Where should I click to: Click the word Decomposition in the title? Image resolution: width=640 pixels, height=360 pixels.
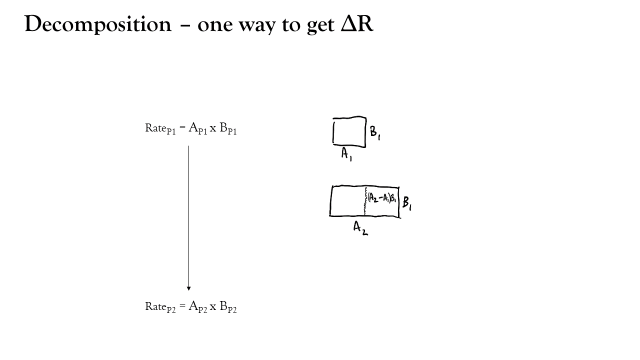click(98, 24)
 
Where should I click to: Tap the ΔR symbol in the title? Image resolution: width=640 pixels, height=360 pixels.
click(357, 23)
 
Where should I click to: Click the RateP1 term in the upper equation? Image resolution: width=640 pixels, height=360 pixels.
click(160, 128)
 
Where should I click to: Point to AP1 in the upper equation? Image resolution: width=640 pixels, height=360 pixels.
click(197, 128)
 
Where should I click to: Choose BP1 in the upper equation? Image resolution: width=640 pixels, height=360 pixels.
click(228, 128)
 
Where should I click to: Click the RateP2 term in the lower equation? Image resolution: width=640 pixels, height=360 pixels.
click(160, 307)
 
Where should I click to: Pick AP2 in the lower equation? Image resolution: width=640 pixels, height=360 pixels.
click(197, 306)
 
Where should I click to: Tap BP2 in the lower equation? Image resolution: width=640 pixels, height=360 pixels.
click(228, 306)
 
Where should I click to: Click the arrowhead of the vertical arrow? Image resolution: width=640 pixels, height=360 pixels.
click(188, 288)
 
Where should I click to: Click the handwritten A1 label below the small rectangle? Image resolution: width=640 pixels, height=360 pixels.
click(346, 154)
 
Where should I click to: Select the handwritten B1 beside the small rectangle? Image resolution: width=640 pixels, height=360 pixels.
click(375, 133)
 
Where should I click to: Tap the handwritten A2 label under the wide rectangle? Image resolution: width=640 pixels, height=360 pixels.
click(360, 228)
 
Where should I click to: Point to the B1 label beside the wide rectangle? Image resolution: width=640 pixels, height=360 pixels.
click(407, 203)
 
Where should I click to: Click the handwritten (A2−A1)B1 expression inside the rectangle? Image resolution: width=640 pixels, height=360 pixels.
click(382, 197)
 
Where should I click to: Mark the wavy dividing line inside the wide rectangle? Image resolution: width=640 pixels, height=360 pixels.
click(365, 201)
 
